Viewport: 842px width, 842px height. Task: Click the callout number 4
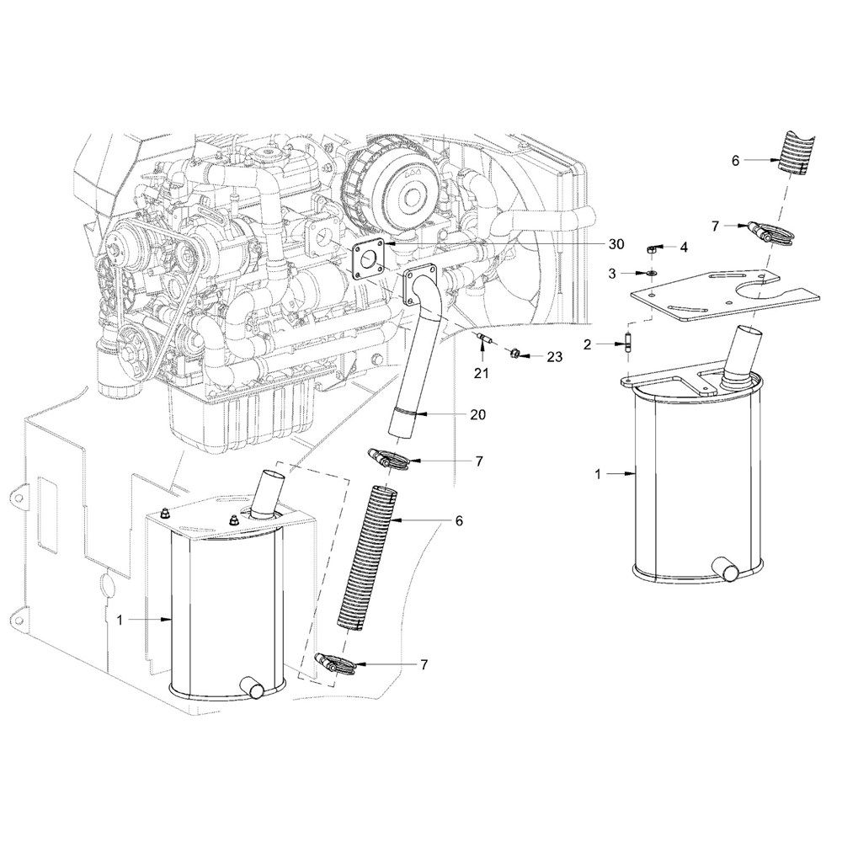pyautogui.click(x=684, y=247)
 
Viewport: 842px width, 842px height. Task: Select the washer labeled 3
pyautogui.click(x=651, y=274)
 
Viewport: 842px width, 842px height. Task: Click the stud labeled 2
pyautogui.click(x=629, y=345)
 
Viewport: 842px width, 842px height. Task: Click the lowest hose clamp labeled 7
pyautogui.click(x=338, y=663)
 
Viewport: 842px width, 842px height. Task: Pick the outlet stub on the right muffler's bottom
pyautogui.click(x=725, y=570)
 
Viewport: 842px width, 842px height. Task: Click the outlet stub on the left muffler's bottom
pyautogui.click(x=252, y=687)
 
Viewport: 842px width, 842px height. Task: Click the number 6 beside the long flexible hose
pyautogui.click(x=459, y=521)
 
